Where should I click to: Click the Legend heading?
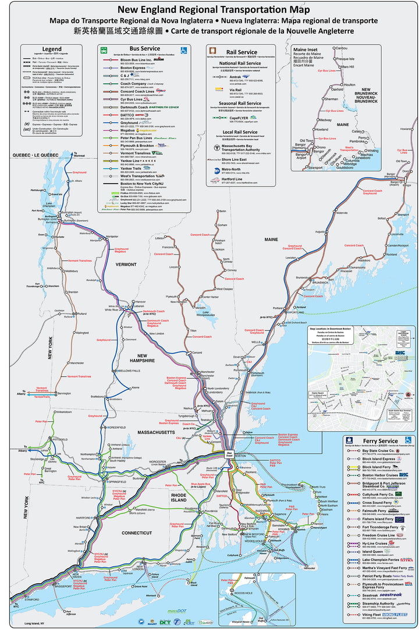(x=51, y=49)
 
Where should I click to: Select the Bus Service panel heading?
(x=144, y=50)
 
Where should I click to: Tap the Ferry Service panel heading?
(x=379, y=441)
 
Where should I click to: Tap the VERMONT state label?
(x=125, y=264)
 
